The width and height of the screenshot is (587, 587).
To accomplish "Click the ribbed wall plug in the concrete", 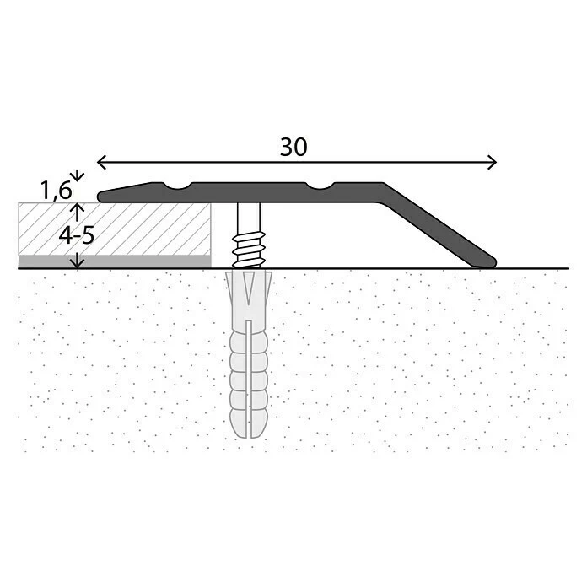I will [x=250, y=371].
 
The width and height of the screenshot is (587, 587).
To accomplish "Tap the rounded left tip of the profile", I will [x=102, y=197].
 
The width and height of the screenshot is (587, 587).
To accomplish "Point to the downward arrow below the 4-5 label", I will [x=77, y=262].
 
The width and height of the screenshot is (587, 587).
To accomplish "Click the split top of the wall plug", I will [x=250, y=287].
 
